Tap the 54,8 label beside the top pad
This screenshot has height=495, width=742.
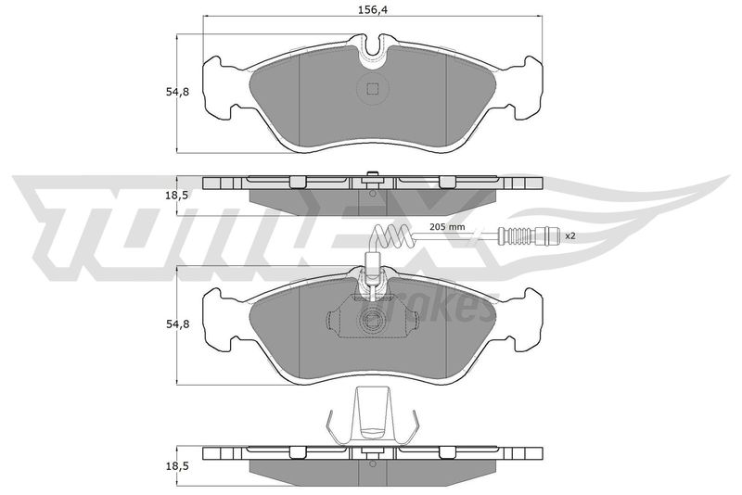tap(177, 92)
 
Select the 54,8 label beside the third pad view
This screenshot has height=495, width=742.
tap(177, 324)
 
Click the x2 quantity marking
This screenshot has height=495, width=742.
tap(570, 235)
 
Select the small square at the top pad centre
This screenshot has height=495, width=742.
tap(373, 88)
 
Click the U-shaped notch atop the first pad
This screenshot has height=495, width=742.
tap(373, 52)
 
